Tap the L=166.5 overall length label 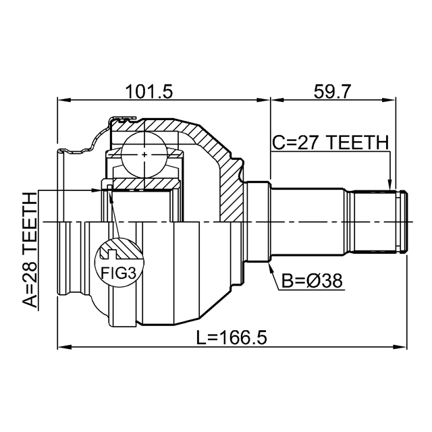click(x=233, y=336)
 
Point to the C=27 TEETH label click(x=330, y=143)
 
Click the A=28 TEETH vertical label click(x=28, y=250)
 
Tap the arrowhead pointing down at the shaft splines click(x=389, y=184)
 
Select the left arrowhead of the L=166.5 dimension click(x=61, y=348)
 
